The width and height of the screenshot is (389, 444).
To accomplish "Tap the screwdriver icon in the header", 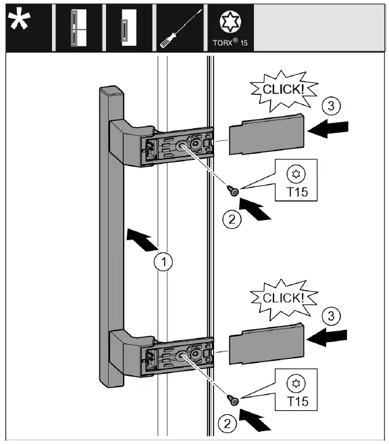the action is coord(181,28).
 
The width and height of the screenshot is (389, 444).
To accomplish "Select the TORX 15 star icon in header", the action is coord(230,22).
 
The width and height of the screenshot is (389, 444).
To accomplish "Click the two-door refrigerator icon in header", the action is coord(78,28).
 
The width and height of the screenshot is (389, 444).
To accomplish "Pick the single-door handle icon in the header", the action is coord(129,28).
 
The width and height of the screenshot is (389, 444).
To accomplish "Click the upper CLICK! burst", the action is coord(284,90).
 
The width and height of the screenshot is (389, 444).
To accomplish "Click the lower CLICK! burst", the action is coord(284,300).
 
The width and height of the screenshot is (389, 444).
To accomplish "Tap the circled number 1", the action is coord(163,261).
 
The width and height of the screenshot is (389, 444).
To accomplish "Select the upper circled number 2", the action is coord(232,219).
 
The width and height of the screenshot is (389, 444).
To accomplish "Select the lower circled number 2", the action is coord(227,424).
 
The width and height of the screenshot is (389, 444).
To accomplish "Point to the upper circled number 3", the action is coord(331,106).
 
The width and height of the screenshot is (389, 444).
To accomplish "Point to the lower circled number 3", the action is coord(331,315).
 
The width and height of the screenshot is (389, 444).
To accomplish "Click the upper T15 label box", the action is coord(296,180).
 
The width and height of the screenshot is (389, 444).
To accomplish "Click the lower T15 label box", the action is coord(296,389).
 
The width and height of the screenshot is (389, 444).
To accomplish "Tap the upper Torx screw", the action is coord(233,191).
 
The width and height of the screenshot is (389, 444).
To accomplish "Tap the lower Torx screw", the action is coord(233,400).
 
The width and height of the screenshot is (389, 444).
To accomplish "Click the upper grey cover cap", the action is coord(266,134).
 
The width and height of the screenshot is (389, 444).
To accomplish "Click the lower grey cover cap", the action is coord(266,343).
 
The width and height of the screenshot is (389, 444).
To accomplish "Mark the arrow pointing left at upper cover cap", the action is coord(328,129).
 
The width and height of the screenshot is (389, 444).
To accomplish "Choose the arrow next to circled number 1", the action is coord(142,240).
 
